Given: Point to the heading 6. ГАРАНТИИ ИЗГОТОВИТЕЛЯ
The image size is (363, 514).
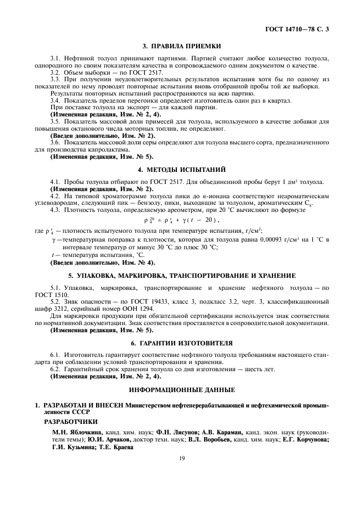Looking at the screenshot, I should pos(181,343).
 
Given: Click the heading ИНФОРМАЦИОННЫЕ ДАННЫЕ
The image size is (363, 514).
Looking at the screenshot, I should pos(181,389).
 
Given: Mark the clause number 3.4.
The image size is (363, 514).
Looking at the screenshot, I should pos(55,100).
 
